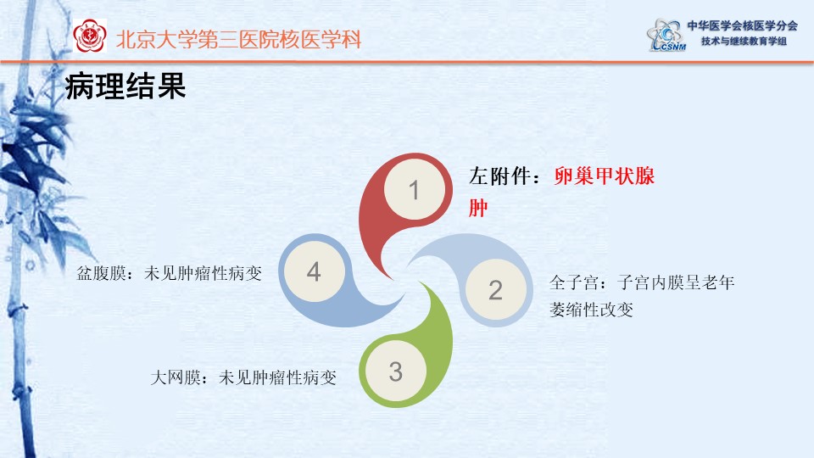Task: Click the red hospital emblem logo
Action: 90,36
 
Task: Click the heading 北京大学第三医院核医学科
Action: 239,40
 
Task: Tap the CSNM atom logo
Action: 666,35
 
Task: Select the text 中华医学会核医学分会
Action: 743,25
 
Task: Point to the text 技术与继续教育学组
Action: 744,41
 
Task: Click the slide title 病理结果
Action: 125,87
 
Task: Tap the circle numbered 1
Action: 415,189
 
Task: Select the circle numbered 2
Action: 496,290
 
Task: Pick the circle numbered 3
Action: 396,371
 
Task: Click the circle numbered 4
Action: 314,271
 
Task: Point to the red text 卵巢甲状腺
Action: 605,176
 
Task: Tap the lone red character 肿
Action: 478,208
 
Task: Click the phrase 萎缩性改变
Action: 591,310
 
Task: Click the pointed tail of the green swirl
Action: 420,282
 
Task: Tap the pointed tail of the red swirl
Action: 393,278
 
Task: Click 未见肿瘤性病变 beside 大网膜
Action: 278,377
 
